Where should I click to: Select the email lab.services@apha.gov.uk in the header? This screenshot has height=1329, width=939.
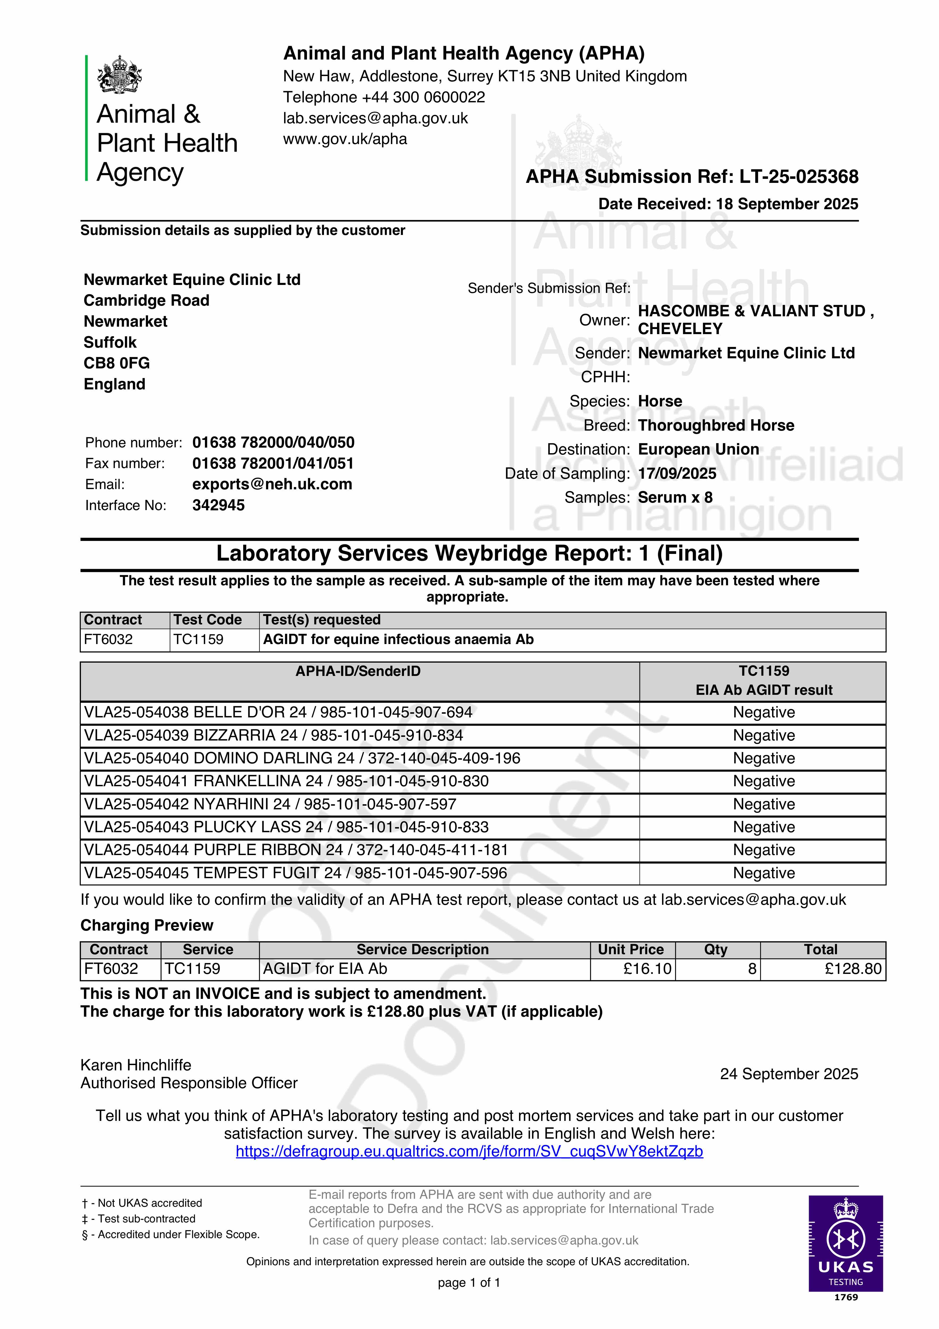375,118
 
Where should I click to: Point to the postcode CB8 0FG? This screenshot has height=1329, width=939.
116,363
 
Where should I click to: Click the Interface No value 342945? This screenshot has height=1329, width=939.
218,505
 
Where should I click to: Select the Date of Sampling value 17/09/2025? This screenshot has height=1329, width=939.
677,473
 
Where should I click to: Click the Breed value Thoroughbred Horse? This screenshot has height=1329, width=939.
715,426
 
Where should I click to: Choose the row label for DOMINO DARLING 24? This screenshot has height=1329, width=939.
302,758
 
